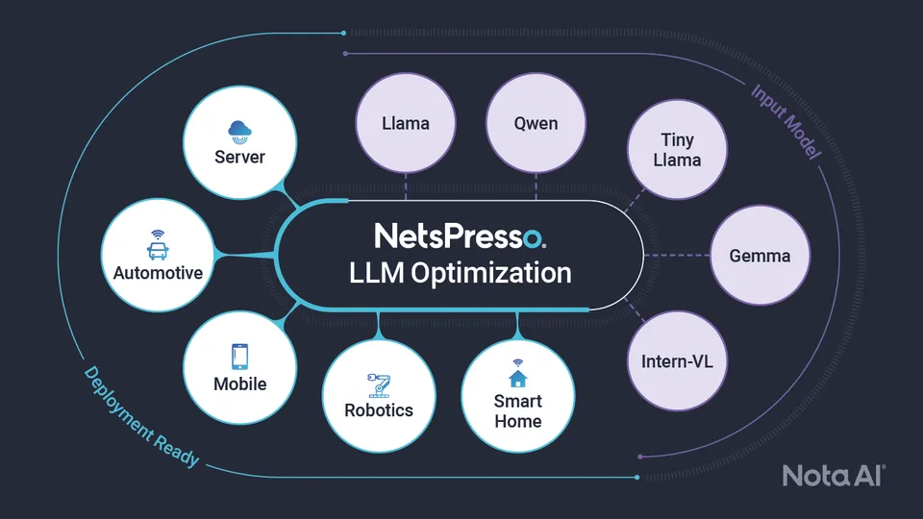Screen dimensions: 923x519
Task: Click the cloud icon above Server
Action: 239,132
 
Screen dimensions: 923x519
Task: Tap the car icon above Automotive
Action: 158,245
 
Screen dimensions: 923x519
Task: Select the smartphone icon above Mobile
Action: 239,357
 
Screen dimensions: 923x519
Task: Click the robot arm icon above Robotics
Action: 379,385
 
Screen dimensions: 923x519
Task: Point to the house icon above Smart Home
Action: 517,373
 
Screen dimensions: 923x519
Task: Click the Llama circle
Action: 406,123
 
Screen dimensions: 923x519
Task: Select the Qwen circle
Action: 536,123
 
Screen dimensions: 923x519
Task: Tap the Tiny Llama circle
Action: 677,150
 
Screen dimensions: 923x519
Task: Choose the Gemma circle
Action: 760,256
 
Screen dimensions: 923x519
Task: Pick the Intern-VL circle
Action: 677,360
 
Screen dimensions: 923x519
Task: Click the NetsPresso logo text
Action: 461,235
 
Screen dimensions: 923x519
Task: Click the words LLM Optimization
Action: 461,273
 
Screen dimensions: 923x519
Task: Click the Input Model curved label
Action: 786,122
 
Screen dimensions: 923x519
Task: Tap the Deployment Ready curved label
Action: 141,416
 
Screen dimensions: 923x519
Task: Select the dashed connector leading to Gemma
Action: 678,256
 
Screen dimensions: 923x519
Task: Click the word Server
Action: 239,157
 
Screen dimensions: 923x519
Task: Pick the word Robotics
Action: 379,410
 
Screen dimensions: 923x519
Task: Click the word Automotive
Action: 158,273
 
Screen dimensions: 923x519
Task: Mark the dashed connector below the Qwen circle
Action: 536,186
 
